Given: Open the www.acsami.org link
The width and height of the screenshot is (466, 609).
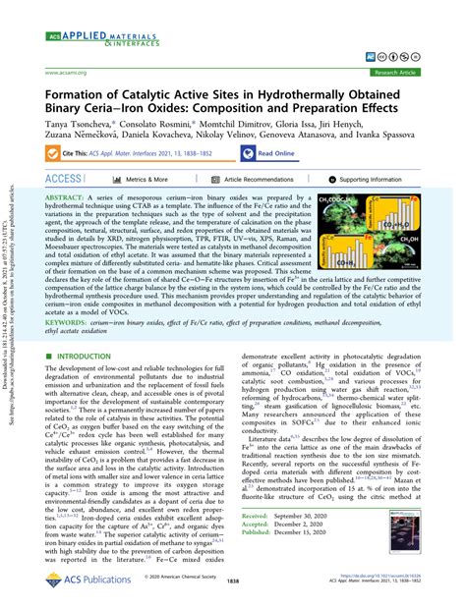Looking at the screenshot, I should pos(68,73).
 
